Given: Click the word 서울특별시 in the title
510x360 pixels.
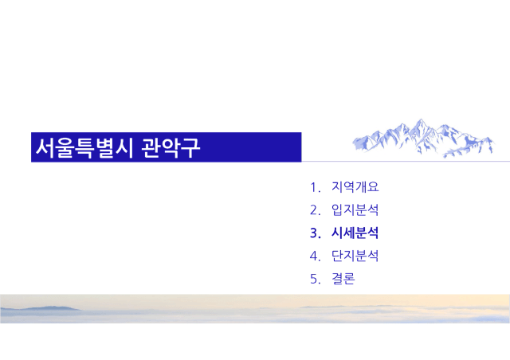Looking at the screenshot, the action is [84, 147].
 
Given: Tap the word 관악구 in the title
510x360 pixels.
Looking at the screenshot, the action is [171, 147].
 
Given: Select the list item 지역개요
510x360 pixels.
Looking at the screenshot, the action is [355, 187].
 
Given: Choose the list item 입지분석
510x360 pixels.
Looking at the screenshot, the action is [355, 210].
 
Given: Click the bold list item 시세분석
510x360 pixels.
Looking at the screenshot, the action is [355, 233].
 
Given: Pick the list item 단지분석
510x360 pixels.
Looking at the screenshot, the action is [355, 256].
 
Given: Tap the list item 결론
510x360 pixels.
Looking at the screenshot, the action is [343, 279].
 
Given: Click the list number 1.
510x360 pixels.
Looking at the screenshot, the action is [315, 188].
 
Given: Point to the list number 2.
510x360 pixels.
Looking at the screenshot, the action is [315, 210].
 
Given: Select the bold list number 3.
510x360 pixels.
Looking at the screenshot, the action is [316, 233].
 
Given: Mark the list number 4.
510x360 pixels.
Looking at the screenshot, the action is [315, 256].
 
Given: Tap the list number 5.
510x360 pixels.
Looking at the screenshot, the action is [315, 279].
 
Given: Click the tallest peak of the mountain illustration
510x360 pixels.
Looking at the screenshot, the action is [421, 119].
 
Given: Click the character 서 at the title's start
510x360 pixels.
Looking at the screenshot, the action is [45, 147].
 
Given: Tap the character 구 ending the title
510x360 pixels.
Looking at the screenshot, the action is [190, 148].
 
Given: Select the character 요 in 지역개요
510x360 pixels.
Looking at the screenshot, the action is [374, 187].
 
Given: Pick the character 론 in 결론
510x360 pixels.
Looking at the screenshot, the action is [349, 279].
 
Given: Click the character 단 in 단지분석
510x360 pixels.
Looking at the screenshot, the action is [337, 256].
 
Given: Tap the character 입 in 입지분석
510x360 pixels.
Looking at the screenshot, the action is [337, 210].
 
